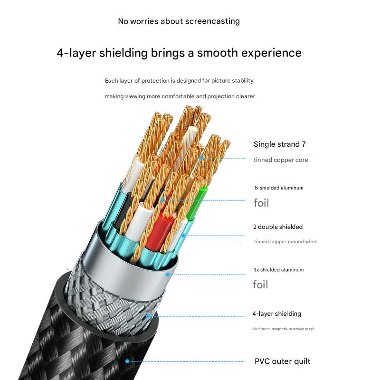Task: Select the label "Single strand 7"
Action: click(x=276, y=144)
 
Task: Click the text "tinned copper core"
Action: click(x=281, y=160)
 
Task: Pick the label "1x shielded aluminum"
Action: click(x=278, y=188)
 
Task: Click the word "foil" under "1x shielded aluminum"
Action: click(x=261, y=203)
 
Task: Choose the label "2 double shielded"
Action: click(x=278, y=227)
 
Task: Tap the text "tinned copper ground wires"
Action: click(x=285, y=242)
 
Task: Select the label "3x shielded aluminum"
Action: click(x=278, y=270)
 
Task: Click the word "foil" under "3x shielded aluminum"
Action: click(x=261, y=285)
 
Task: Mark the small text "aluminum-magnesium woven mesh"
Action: click(x=283, y=329)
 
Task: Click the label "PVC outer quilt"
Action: click(x=282, y=361)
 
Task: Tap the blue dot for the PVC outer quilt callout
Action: click(x=127, y=361)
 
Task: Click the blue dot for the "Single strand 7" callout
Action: click(x=201, y=158)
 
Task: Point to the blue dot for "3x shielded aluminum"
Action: click(x=168, y=274)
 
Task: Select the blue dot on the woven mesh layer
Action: click(x=149, y=315)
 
